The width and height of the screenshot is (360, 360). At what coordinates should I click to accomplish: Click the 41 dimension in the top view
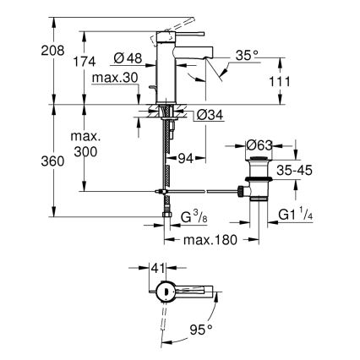point(156,268)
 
